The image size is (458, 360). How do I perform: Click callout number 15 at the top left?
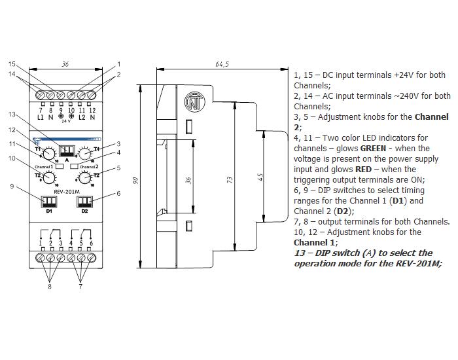point(12,64)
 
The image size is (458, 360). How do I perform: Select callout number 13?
point(12,115)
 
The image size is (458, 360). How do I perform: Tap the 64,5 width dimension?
point(222,64)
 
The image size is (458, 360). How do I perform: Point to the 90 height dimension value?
point(135,181)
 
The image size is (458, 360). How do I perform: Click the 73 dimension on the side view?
point(230,180)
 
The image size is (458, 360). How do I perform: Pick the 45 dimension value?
point(261,177)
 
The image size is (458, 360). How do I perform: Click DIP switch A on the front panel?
point(67,151)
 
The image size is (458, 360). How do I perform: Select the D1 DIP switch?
point(49,202)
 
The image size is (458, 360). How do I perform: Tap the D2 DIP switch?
point(84,202)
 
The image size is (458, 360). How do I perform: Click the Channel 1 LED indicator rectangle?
point(60,166)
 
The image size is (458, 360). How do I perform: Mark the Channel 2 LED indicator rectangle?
point(74,166)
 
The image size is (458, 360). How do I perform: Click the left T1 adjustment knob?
point(48,153)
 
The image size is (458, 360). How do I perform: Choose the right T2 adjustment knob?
point(84,177)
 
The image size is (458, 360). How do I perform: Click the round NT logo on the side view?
point(194,102)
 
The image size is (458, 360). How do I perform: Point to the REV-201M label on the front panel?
point(67,192)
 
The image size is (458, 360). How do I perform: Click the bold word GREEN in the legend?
point(373,149)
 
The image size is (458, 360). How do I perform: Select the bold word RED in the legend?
point(363,170)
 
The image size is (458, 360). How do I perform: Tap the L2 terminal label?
point(82,117)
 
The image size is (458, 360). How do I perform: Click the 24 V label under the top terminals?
point(66,121)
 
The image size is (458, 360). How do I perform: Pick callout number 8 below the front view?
point(50,287)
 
